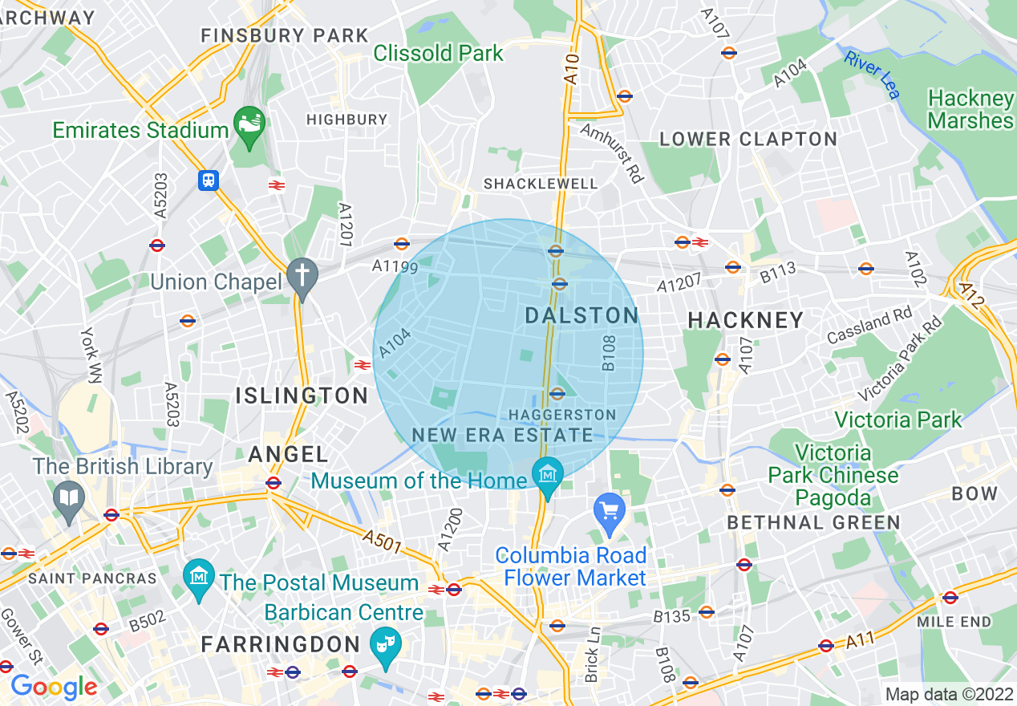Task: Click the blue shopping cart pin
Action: pyautogui.click(x=610, y=511)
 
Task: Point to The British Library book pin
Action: pyautogui.click(x=69, y=498)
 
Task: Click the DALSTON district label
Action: pyautogui.click(x=581, y=315)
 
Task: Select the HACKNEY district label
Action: pyautogui.click(x=746, y=320)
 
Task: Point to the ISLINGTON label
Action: pyautogui.click(x=302, y=396)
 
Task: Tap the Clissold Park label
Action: pyautogui.click(x=439, y=54)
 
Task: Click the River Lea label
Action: pyautogui.click(x=872, y=75)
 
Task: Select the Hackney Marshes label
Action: pyautogui.click(x=970, y=110)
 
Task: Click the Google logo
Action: pyautogui.click(x=54, y=688)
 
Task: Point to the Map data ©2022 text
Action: pyautogui.click(x=948, y=694)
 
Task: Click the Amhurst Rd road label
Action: pyautogui.click(x=612, y=153)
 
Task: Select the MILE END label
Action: pyautogui.click(x=954, y=622)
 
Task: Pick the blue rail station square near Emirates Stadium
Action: pyautogui.click(x=209, y=181)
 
